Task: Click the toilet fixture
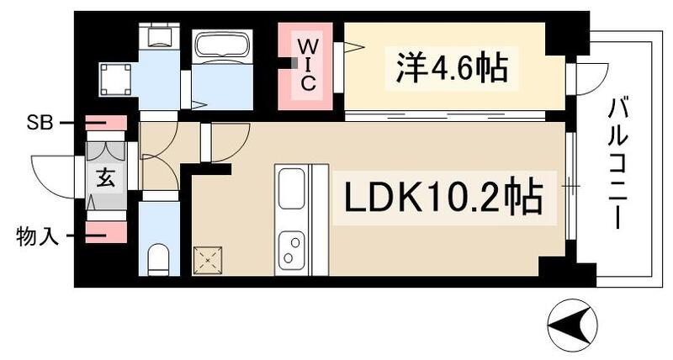click(x=159, y=259)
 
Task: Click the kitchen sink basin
click(x=292, y=188)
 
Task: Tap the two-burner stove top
click(x=292, y=247)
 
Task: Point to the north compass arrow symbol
click(x=575, y=323)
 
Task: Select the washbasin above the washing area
click(x=158, y=37)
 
